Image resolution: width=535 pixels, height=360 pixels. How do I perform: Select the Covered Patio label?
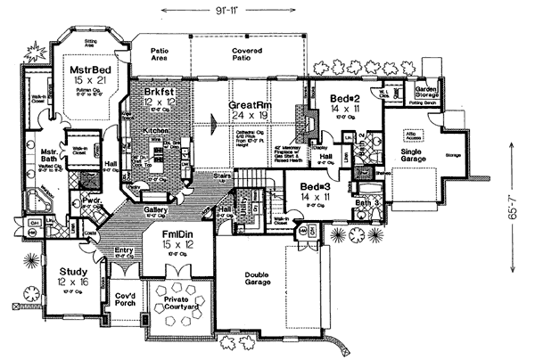tap(248, 56)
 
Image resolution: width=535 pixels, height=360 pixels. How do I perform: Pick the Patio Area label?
tap(160, 56)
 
